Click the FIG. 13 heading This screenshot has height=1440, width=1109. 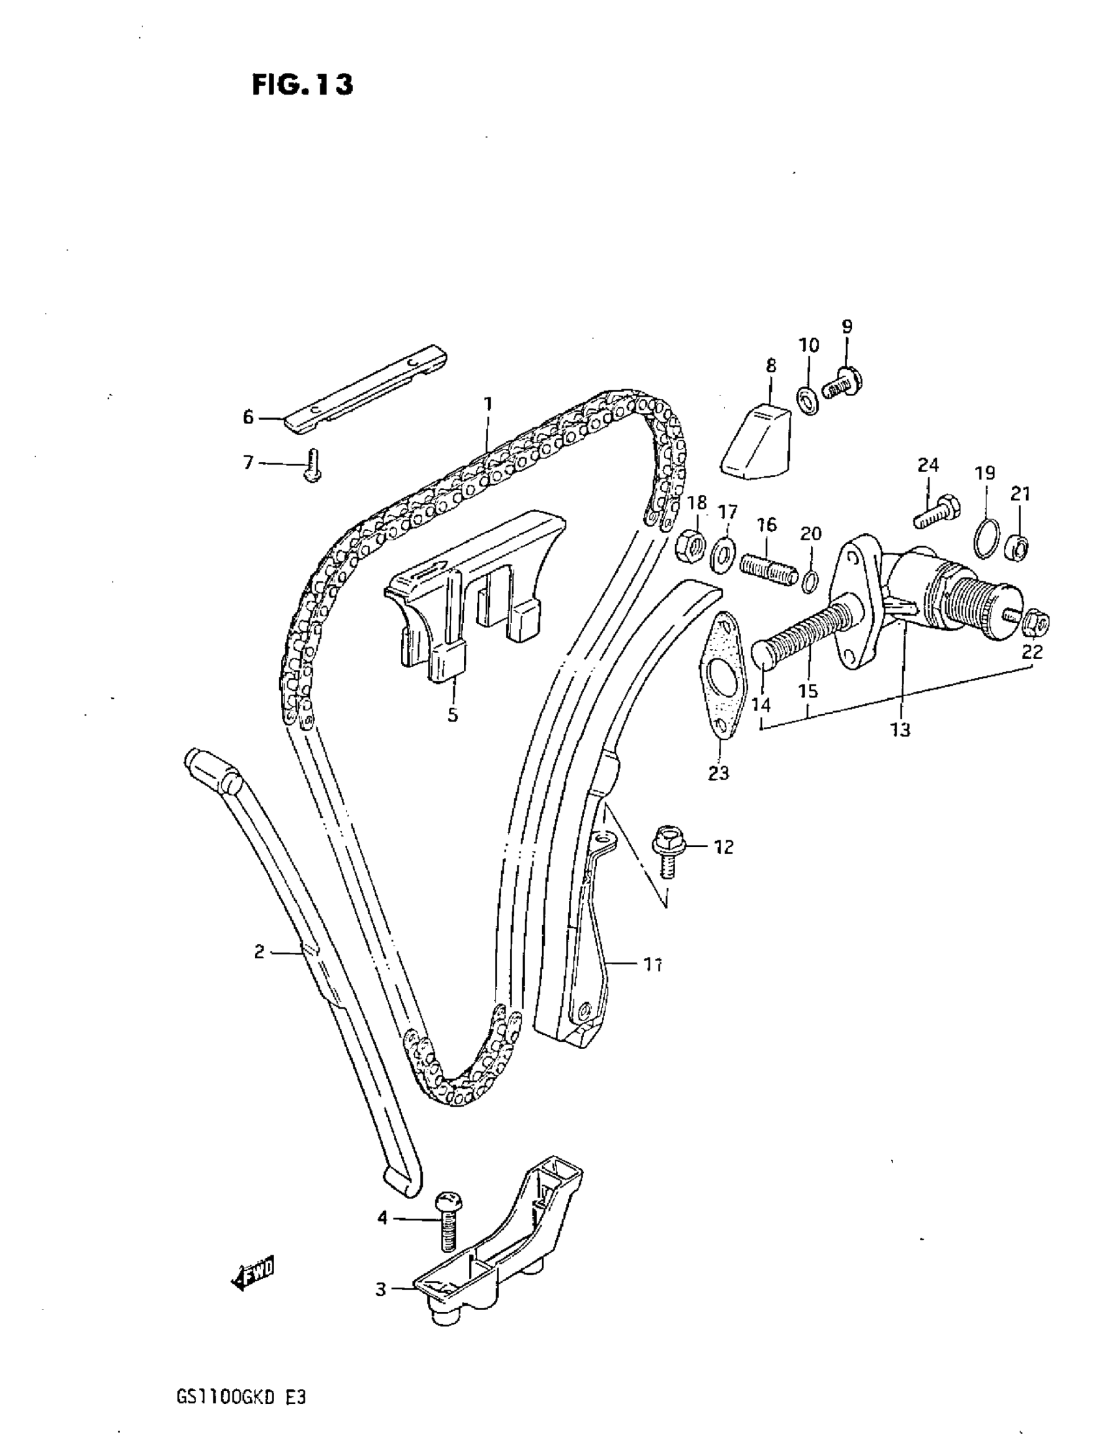302,85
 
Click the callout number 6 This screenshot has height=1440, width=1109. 248,417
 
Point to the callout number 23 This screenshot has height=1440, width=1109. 718,772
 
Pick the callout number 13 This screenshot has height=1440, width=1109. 900,729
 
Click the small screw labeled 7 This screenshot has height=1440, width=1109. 313,465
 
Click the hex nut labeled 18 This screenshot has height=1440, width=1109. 689,547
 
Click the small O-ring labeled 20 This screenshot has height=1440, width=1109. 810,579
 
